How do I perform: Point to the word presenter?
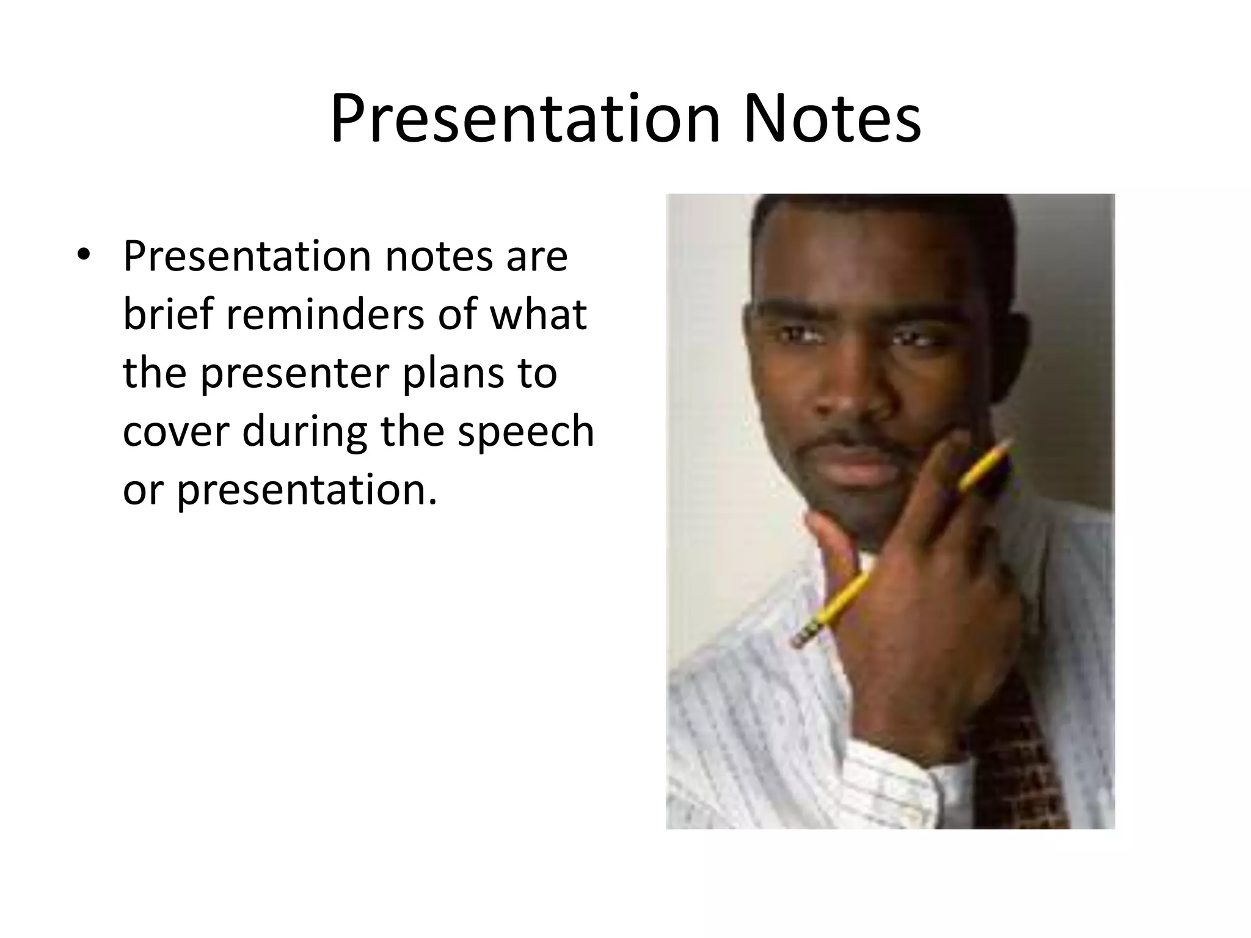(x=294, y=374)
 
